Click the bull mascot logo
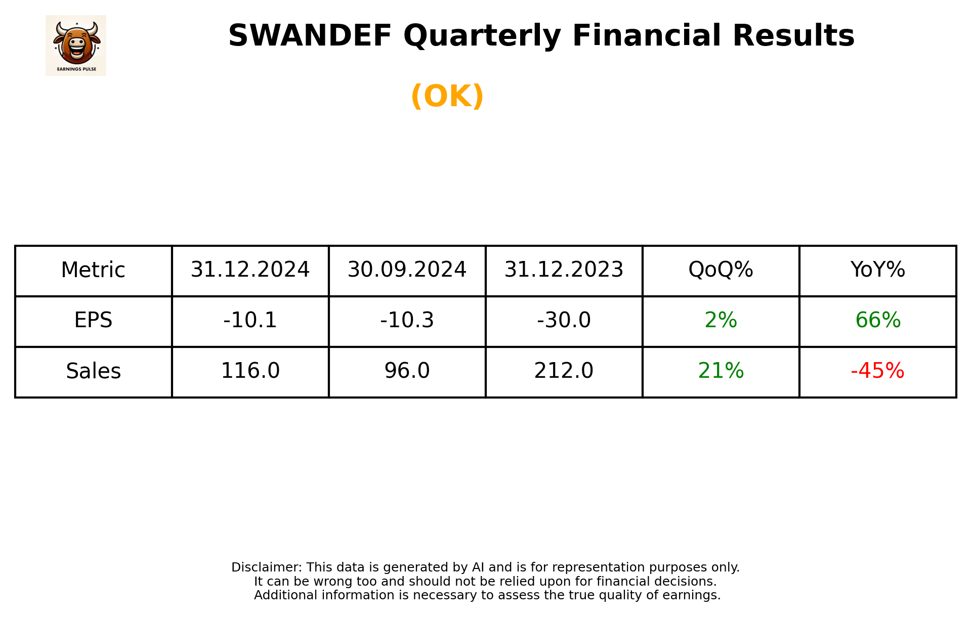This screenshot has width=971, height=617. (x=76, y=45)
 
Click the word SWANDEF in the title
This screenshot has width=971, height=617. (x=310, y=36)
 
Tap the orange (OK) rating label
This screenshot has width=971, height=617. (x=447, y=96)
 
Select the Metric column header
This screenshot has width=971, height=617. (x=93, y=270)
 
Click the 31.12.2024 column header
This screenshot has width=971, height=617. (x=250, y=270)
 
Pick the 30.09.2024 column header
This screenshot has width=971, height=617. (x=407, y=270)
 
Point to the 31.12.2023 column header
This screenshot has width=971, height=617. (x=564, y=270)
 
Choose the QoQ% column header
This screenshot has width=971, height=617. (x=721, y=270)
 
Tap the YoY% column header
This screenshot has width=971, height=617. (x=877, y=270)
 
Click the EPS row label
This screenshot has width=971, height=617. (x=93, y=321)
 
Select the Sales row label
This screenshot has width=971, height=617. (x=93, y=371)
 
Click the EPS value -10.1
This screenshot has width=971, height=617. (x=250, y=321)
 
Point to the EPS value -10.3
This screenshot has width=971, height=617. (x=407, y=321)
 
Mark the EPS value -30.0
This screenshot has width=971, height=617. (x=564, y=321)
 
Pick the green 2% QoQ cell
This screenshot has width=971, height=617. (x=721, y=321)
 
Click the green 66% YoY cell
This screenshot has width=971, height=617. (x=877, y=321)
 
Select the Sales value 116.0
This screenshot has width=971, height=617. (x=250, y=371)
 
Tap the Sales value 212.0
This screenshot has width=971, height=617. (x=564, y=371)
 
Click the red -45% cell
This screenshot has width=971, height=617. (x=877, y=371)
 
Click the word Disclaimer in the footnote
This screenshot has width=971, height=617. (x=266, y=567)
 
